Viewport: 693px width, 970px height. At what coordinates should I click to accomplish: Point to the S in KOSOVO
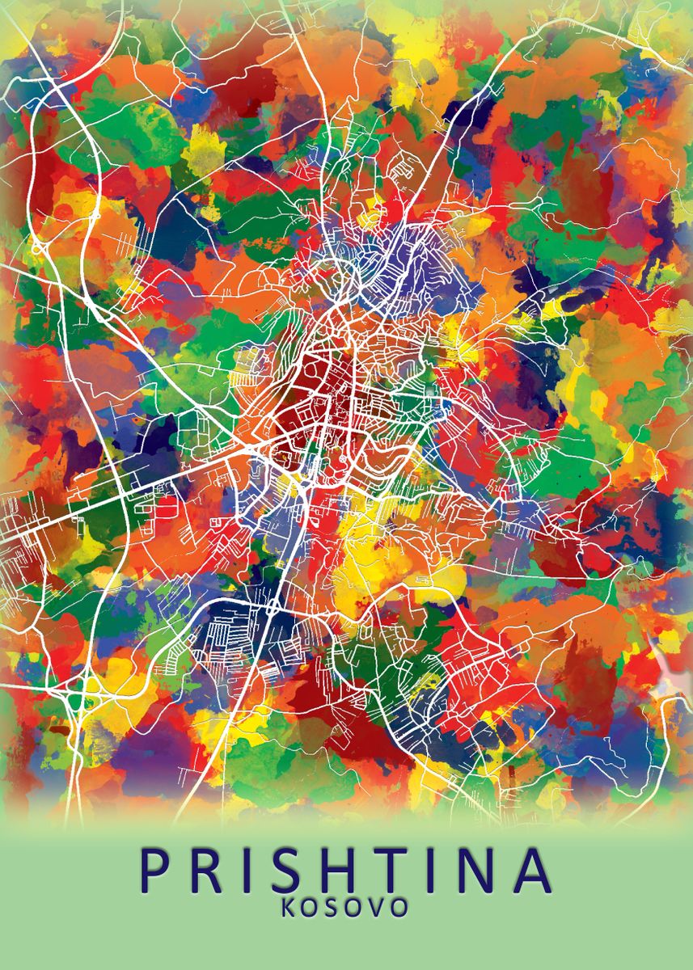click(x=335, y=907)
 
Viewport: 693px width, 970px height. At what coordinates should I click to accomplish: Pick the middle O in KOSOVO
click(x=356, y=907)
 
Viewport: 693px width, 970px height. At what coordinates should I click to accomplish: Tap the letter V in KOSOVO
click(x=378, y=907)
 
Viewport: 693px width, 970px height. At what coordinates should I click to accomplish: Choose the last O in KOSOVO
click(x=399, y=907)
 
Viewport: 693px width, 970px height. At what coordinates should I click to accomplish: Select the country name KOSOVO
click(x=344, y=907)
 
